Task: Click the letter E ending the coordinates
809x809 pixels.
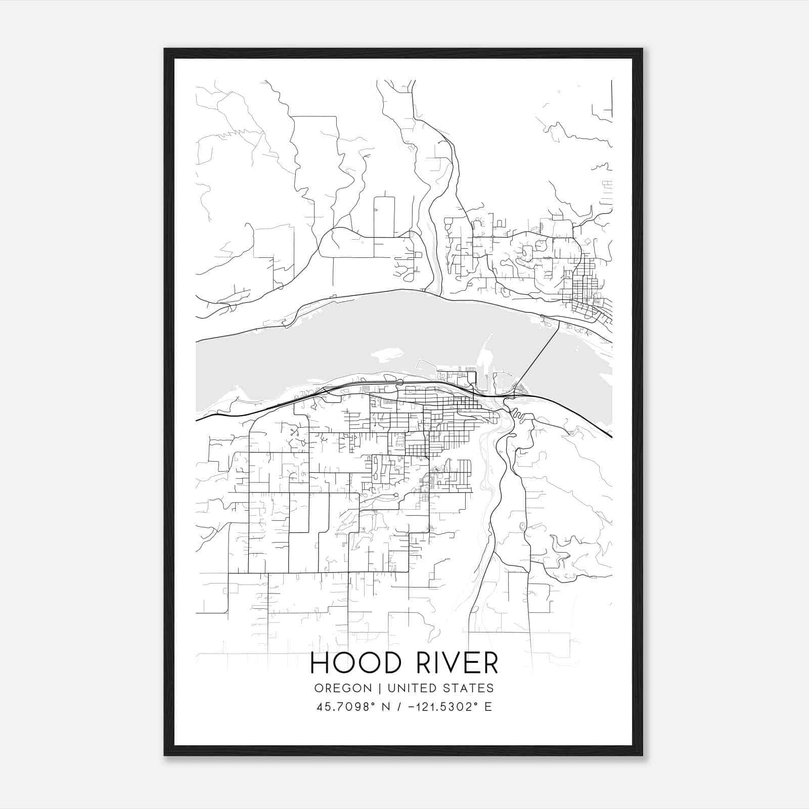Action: click(x=488, y=707)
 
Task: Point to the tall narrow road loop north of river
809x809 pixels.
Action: click(x=384, y=215)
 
